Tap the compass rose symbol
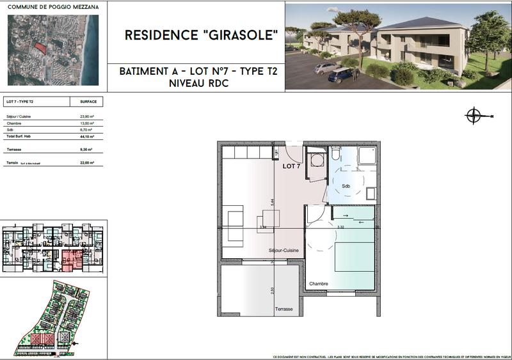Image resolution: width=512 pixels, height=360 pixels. click(474, 116)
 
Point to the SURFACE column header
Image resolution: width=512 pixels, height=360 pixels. click(88, 102)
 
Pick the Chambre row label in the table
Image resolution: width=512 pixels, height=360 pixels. click(14, 123)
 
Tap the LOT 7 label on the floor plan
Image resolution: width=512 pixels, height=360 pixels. click(292, 166)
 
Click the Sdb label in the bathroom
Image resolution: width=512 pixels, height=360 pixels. click(346, 186)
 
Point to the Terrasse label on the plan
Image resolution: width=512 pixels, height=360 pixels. click(284, 309)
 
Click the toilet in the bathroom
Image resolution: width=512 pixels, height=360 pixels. click(336, 156)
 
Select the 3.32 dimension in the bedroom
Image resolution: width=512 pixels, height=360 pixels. click(340, 227)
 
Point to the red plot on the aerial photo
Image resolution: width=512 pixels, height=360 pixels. click(40, 48)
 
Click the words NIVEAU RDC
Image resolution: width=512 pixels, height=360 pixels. click(200, 84)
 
